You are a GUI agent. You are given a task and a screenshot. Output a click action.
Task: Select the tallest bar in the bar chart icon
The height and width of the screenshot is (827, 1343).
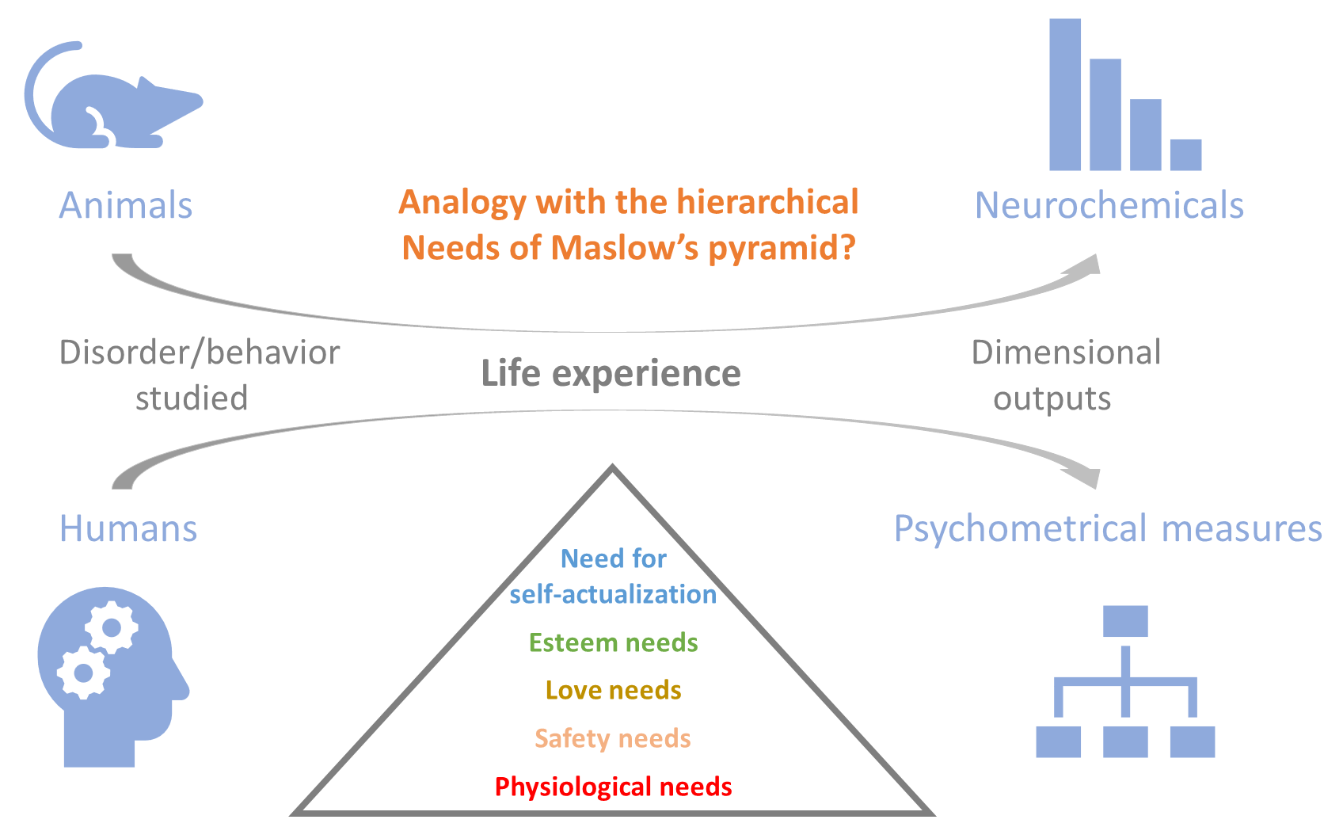pos(1065,95)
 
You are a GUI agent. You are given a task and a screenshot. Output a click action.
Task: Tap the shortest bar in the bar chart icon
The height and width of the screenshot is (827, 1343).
pos(1185,155)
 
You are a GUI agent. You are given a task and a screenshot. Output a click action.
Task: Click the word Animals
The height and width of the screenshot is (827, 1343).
pos(125,205)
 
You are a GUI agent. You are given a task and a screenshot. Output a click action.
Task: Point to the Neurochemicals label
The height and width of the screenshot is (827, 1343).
pos(1109,205)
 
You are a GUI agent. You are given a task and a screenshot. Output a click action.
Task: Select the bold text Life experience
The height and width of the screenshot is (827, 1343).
pos(611,374)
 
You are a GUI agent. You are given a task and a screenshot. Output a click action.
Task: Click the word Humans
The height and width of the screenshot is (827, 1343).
pos(128,528)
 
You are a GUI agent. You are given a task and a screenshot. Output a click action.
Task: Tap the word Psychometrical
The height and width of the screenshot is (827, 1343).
pos(1021,529)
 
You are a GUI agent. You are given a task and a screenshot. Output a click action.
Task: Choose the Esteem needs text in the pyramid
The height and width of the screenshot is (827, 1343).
pos(614,642)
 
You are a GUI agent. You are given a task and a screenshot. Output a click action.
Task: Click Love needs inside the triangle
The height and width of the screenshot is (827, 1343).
pos(614,690)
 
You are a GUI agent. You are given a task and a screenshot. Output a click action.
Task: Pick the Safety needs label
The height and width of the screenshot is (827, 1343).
pos(613,739)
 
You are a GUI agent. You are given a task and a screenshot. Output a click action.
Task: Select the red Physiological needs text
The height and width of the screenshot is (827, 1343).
pos(614,787)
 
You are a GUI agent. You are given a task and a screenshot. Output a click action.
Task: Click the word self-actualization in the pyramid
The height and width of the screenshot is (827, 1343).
pos(614,594)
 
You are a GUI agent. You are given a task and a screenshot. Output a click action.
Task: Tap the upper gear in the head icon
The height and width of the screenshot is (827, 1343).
pos(112,627)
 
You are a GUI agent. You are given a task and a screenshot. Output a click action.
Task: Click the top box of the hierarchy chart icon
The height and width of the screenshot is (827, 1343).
pos(1125,621)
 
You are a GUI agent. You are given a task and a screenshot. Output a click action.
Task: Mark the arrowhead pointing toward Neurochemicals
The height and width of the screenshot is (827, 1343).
pos(1085,265)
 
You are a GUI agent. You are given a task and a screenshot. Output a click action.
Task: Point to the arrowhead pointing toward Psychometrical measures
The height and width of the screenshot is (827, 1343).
pos(1084,478)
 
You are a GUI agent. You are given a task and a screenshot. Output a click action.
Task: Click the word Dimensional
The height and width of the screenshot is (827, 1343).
pos(1066,352)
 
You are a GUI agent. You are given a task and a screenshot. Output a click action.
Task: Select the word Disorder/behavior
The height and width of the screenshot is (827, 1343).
pos(199,352)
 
